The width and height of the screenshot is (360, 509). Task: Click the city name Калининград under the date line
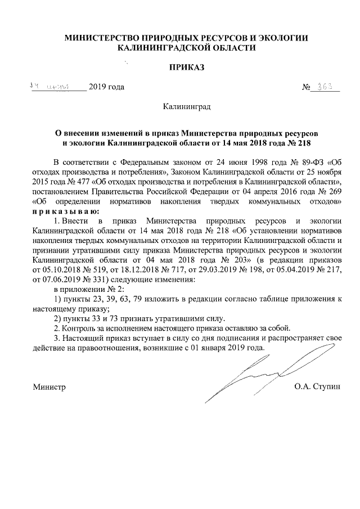(x=186, y=106)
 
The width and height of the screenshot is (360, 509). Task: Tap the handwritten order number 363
(x=326, y=87)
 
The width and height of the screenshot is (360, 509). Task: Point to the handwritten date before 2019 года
(x=51, y=87)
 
